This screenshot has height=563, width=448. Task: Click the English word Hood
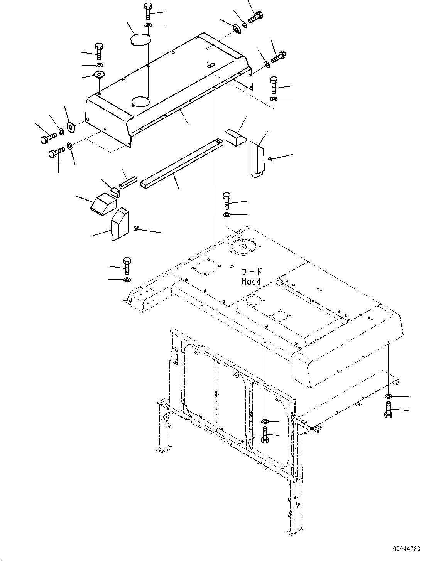pyautogui.click(x=251, y=281)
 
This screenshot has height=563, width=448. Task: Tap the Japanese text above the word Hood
pyautogui.click(x=252, y=271)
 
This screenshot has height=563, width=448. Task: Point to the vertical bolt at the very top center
pyautogui.click(x=147, y=11)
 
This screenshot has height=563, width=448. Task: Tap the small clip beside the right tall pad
pyautogui.click(x=271, y=158)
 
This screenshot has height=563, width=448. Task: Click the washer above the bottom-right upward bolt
pyautogui.click(x=388, y=396)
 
